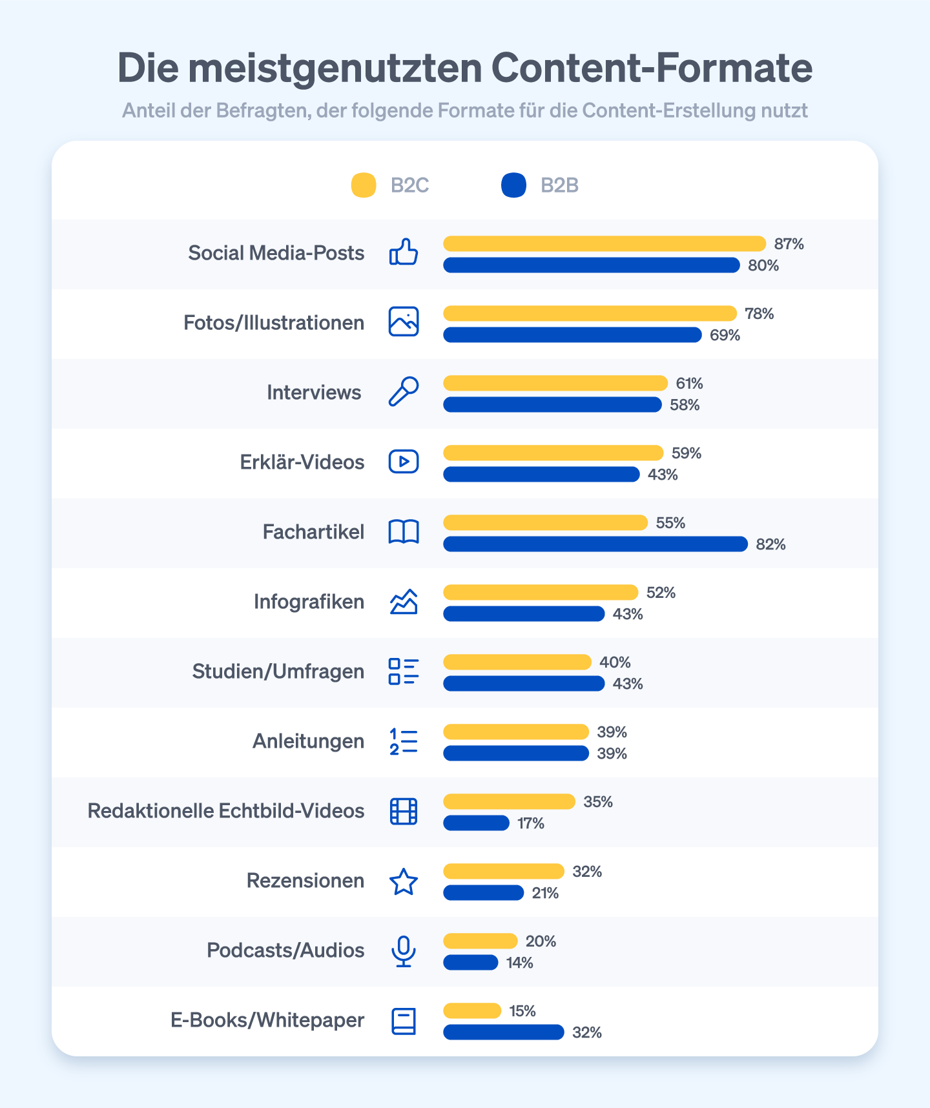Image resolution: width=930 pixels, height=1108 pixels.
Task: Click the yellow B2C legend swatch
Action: tap(364, 185)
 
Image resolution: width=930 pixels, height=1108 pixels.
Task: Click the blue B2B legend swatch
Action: tap(513, 185)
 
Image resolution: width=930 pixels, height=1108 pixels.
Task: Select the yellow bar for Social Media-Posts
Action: tap(604, 244)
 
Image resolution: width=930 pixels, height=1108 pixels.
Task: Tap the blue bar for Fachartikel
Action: tap(595, 544)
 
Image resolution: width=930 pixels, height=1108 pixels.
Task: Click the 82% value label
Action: tap(770, 544)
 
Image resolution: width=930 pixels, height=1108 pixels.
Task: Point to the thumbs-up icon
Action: tap(404, 252)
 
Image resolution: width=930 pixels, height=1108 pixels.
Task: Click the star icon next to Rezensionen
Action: tap(404, 881)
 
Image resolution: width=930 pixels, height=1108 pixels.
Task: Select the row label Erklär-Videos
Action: tap(302, 462)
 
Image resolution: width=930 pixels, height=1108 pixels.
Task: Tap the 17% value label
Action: tap(530, 823)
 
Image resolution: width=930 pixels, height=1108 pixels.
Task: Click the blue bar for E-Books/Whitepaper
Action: tap(503, 1032)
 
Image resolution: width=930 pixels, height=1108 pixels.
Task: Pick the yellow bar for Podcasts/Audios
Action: tap(480, 941)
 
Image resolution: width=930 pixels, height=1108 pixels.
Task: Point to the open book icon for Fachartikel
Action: tap(404, 532)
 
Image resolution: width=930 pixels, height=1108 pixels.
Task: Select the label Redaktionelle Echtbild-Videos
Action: tap(225, 811)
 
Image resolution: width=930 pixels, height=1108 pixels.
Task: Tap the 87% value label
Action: tap(789, 244)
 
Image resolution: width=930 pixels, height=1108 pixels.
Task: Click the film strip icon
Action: tap(404, 812)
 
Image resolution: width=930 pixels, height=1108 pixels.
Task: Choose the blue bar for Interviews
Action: tap(552, 405)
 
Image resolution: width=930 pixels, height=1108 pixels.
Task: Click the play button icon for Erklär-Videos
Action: tap(404, 462)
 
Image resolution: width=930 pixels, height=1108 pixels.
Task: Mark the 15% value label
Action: tap(522, 1011)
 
